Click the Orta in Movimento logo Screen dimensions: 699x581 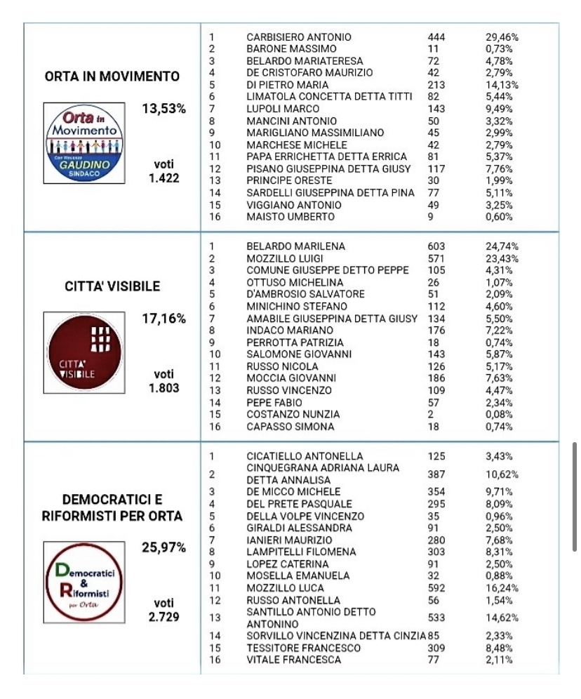(85, 143)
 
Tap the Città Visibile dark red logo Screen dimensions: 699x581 (85, 353)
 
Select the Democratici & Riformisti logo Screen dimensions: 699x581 (85, 582)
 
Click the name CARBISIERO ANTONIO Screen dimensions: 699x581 (299, 36)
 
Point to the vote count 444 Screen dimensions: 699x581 (436, 36)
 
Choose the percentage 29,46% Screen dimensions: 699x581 (502, 36)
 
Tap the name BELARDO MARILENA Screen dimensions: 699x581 (295, 246)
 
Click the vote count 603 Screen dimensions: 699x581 (436, 246)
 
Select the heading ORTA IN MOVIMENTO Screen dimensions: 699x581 (112, 76)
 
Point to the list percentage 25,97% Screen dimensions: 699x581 (163, 547)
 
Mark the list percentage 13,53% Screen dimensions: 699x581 (163, 108)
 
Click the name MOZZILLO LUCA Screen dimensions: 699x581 (286, 587)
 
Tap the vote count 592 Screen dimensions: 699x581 (436, 587)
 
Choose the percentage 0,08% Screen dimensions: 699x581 (499, 414)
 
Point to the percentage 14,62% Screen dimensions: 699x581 (502, 618)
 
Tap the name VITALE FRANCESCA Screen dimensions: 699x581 (294, 660)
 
